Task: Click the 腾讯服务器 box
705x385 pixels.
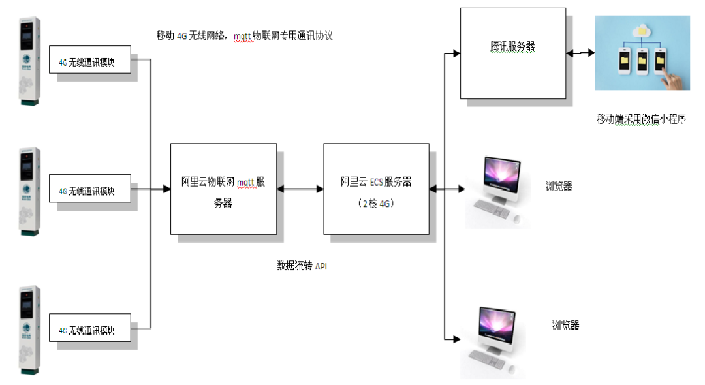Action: [512, 54]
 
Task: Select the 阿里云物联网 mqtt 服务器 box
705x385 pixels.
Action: [223, 189]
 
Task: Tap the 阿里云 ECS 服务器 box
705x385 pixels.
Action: [376, 189]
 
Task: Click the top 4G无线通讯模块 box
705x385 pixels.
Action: [90, 63]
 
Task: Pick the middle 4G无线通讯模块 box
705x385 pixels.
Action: [90, 191]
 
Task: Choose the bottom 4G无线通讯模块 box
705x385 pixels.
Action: [90, 330]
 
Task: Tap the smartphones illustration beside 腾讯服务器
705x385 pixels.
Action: [642, 54]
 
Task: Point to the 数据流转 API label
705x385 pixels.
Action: [301, 266]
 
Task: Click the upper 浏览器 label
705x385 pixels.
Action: [559, 186]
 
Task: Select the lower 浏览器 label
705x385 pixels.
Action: [565, 326]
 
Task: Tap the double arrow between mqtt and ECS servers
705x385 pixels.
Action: [300, 189]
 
